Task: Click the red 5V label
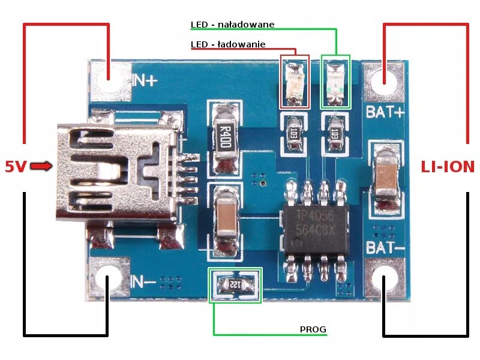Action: coord(16,167)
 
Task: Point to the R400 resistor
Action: coord(224,137)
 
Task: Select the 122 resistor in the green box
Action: coord(235,285)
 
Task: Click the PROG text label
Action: coord(313,329)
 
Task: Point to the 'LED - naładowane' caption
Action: coord(232,25)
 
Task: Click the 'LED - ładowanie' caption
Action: coord(228,44)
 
